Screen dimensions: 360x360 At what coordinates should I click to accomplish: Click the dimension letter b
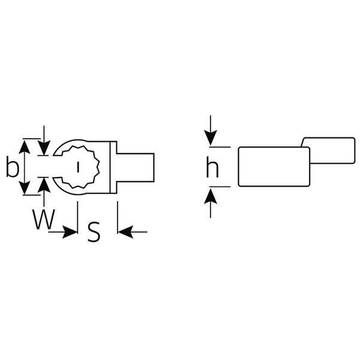point(12,166)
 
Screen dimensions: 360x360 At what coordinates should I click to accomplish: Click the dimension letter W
point(43,219)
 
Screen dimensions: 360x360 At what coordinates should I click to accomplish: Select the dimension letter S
point(94,232)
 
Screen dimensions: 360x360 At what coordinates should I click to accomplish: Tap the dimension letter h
point(212,167)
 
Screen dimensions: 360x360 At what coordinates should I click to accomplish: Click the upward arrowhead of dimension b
point(25,147)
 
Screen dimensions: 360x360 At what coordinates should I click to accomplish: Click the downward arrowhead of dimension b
point(25,188)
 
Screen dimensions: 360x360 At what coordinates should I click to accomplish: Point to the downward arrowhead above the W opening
point(44,148)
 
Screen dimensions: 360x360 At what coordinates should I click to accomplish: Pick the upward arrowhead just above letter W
point(44,185)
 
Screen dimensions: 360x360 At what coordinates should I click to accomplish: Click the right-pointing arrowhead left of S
point(70,232)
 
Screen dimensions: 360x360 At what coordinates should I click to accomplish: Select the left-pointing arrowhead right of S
point(125,232)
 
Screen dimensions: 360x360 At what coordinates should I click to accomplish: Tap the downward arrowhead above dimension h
point(211,137)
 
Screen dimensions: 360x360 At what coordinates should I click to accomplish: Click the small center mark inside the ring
point(78,167)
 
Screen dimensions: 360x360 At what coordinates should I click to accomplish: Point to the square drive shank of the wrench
point(136,167)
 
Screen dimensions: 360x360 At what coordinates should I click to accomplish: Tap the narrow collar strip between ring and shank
point(113,167)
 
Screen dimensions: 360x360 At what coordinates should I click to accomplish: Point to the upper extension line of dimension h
point(220,147)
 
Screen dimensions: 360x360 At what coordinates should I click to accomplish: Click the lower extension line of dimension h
point(220,187)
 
